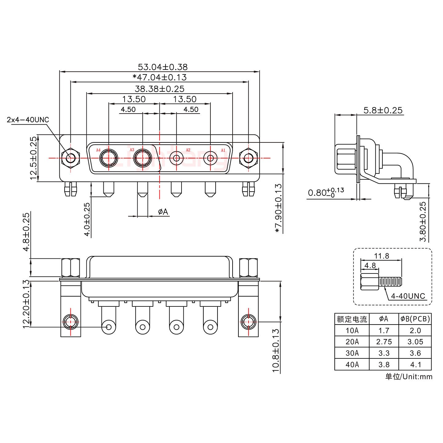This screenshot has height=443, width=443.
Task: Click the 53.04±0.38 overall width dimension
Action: [162, 67]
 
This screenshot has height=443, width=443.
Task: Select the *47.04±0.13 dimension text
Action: [159, 77]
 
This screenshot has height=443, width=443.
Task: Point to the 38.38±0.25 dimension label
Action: [159, 89]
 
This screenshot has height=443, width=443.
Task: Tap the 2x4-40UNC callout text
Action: [28, 120]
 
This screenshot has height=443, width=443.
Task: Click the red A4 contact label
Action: [98, 150]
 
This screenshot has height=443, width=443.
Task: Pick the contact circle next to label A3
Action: [142, 158]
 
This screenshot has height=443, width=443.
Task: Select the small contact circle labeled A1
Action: [210, 158]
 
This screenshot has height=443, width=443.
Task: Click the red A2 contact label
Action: [188, 150]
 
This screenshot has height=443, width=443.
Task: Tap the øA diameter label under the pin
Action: [163, 212]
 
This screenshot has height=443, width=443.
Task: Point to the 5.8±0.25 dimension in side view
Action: [383, 110]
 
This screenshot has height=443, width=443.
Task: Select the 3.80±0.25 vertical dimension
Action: [423, 221]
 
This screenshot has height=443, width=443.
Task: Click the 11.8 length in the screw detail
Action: [381, 256]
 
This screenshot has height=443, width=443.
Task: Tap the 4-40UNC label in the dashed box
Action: [408, 296]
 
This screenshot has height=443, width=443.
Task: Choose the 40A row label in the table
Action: [352, 365]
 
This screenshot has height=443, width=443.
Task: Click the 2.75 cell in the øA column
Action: [384, 342]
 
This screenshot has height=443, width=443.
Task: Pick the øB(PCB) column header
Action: [415, 319]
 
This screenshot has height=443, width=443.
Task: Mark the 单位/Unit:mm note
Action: [409, 377]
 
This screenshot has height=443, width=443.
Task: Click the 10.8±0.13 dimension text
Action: [276, 350]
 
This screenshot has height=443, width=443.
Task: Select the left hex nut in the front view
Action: [70, 158]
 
